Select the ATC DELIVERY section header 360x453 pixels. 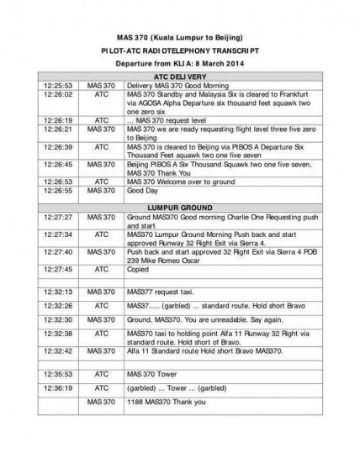(179, 76)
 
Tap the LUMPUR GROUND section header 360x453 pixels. (179, 205)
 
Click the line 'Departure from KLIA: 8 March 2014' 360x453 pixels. (179, 63)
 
